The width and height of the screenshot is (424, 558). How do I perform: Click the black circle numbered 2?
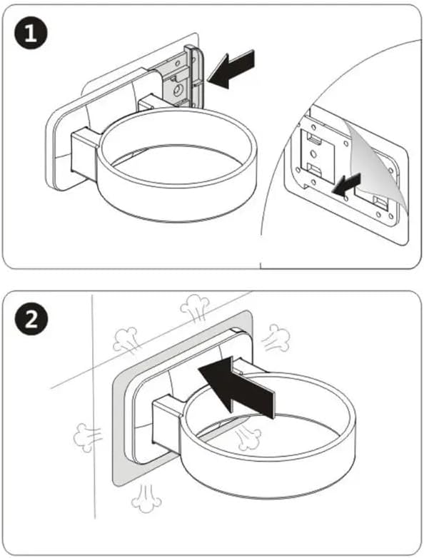click(31, 320)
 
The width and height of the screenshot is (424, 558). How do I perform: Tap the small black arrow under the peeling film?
click(346, 185)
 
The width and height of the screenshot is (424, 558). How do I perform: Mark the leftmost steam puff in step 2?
click(87, 437)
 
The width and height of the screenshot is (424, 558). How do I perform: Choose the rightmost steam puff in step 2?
click(276, 338)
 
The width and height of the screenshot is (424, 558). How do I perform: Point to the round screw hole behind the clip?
click(177, 91)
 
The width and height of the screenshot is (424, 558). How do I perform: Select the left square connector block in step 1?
click(86, 152)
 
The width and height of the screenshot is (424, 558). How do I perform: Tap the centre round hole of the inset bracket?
click(313, 153)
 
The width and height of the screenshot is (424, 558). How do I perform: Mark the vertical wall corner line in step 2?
click(94, 406)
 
